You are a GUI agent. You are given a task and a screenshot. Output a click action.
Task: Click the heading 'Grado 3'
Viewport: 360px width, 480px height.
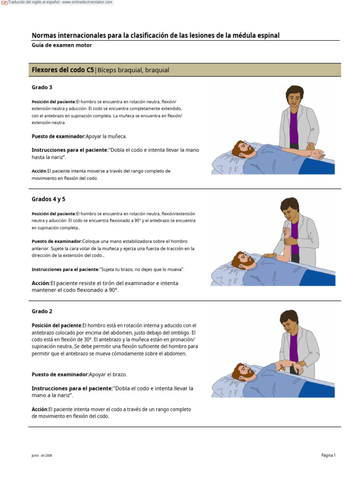[x=42, y=87]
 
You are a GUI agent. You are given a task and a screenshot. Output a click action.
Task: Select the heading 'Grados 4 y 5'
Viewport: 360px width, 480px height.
[x=48, y=199]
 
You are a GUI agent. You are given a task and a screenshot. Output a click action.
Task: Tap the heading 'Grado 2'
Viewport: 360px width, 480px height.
[x=42, y=311]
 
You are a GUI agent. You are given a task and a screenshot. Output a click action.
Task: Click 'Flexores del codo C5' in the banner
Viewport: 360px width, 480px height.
[x=63, y=70]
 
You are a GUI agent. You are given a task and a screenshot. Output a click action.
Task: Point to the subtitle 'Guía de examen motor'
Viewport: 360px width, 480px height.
[x=61, y=45]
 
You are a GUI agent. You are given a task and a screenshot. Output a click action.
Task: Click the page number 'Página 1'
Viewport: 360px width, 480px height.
[x=328, y=455]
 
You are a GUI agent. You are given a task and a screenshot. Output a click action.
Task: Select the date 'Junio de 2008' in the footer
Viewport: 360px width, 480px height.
[x=42, y=455]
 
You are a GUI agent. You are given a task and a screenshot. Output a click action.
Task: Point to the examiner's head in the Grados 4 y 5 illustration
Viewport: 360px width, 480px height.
[x=290, y=208]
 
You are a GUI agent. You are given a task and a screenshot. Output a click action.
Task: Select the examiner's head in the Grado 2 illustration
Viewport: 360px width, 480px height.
[x=289, y=321]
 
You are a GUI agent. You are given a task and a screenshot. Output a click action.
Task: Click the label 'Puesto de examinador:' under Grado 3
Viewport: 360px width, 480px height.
[x=58, y=136]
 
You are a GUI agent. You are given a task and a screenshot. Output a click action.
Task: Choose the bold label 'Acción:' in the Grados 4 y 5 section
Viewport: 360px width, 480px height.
[x=41, y=283]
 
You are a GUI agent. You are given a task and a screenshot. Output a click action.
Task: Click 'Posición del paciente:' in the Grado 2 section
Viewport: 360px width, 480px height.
[x=57, y=325]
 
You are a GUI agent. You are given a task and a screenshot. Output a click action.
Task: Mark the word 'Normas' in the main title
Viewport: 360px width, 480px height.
[x=44, y=36]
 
